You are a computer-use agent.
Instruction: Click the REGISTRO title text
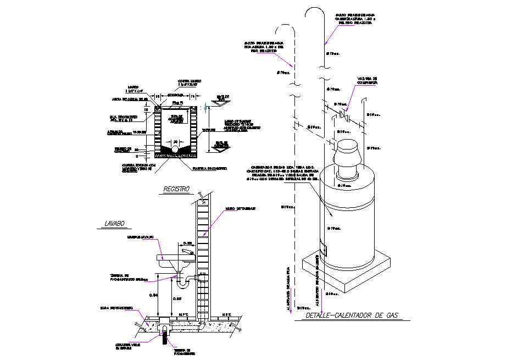[x=176, y=189]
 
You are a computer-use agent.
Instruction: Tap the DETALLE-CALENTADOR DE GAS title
[x=352, y=316]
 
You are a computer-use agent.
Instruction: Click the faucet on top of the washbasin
[x=186, y=252]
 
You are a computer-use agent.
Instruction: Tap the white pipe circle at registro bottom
[x=175, y=149]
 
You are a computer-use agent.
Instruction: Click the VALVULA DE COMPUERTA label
[x=367, y=80]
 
